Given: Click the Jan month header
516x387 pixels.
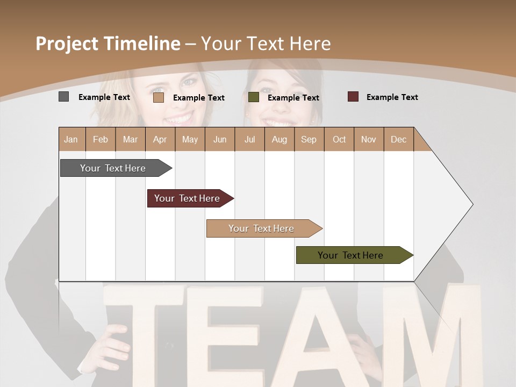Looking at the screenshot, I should pos(71,139).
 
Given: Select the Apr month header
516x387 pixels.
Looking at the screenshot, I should pos(160,139).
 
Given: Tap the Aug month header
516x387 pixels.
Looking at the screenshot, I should pos(279,139).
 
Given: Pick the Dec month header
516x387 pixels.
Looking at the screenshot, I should pos(399,139).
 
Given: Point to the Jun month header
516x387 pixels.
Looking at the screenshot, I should pos(220,139).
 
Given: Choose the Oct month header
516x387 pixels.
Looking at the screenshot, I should pos(339,139).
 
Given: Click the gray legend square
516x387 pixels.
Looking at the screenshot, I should pos(63,97).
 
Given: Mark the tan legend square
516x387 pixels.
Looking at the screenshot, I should pos(158,97).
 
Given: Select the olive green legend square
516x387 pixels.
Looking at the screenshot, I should pos(254,97).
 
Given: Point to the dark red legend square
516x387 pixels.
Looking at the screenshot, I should pos(353,97).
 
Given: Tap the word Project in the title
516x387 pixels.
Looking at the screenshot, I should pos(67,44).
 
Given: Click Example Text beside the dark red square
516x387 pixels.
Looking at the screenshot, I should pos(392,97).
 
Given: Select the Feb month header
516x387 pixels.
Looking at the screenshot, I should pos(101,139).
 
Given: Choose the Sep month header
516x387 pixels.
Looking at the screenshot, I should pos(309,139).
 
